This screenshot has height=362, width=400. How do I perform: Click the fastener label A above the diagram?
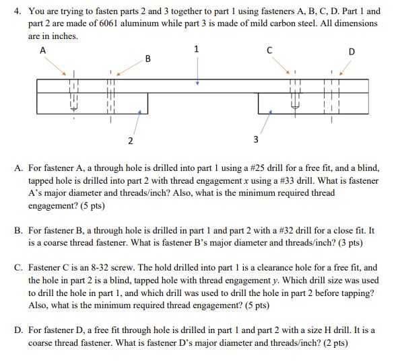point(42,50)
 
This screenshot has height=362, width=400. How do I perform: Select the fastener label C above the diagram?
point(269,50)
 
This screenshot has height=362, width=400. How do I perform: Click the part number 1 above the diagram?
point(196,48)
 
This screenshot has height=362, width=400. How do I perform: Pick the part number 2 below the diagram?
point(130,140)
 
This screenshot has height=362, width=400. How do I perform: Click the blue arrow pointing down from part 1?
point(197,71)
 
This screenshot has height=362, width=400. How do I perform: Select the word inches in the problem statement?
point(63,36)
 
